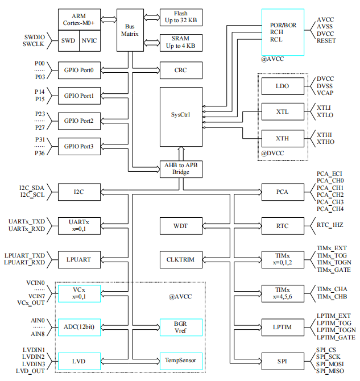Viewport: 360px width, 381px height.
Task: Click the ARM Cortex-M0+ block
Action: pyautogui.click(x=79, y=19)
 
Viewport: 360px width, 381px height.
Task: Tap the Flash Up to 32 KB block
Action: pyautogui.click(x=180, y=18)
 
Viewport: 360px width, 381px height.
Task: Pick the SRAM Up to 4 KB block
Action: pyautogui.click(x=180, y=42)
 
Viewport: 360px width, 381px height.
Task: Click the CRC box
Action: pyautogui.click(x=180, y=71)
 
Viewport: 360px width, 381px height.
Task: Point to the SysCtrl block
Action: pyautogui.click(x=180, y=115)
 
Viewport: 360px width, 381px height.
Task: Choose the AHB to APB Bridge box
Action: pyautogui.click(x=180, y=169)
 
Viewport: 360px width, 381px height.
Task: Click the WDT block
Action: pyautogui.click(x=180, y=226)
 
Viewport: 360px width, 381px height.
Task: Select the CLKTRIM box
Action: pyautogui.click(x=180, y=259)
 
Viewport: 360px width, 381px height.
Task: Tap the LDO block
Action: pyautogui.click(x=282, y=86)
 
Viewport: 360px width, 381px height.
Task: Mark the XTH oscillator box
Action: pyautogui.click(x=282, y=139)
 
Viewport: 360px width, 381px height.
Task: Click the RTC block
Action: pyautogui.click(x=282, y=226)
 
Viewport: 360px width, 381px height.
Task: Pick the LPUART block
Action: pyautogui.click(x=79, y=259)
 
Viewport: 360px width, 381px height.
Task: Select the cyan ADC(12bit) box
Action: pyautogui.click(x=79, y=327)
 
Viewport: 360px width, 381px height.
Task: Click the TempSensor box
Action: pyautogui.click(x=180, y=361)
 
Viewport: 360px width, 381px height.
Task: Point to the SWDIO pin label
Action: pyautogui.click(x=34, y=37)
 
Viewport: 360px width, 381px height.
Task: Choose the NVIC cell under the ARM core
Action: pyautogui.click(x=89, y=40)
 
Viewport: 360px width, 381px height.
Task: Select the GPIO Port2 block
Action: pyautogui.click(x=79, y=121)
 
